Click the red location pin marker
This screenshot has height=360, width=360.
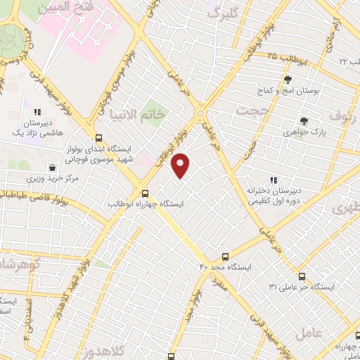pos(181,165)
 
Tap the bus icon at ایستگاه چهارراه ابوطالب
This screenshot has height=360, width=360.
pos(146,193)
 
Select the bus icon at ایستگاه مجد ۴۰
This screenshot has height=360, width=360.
pos(225,257)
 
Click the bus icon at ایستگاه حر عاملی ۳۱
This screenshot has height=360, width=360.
pos(302,276)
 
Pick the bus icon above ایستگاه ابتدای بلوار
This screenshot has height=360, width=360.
pos(98,138)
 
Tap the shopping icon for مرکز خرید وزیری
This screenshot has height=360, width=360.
pos(53,168)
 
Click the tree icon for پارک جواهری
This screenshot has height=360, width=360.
pos(304,121)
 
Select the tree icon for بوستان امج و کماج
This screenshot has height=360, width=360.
pos(288,80)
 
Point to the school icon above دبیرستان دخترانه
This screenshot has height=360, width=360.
pos(274,181)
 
